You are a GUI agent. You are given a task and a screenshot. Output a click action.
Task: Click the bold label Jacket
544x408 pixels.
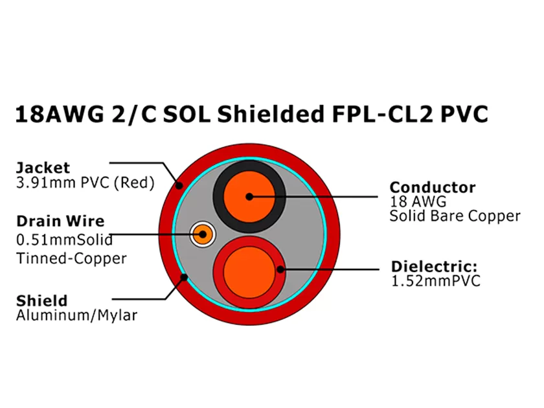pyautogui.click(x=43, y=167)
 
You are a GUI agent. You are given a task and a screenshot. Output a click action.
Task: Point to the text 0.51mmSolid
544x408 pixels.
pyautogui.click(x=64, y=240)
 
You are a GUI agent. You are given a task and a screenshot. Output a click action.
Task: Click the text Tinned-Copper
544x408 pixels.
pyautogui.click(x=71, y=258)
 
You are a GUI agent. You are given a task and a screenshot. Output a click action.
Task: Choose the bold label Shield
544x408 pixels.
pyautogui.click(x=41, y=300)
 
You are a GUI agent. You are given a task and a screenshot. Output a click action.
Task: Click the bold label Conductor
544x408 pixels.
pyautogui.click(x=433, y=187)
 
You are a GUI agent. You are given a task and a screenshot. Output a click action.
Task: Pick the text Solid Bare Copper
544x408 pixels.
pyautogui.click(x=455, y=216)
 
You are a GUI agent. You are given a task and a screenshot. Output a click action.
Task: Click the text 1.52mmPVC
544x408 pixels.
pyautogui.click(x=436, y=281)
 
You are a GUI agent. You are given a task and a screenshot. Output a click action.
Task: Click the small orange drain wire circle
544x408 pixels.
pyautogui.click(x=203, y=234)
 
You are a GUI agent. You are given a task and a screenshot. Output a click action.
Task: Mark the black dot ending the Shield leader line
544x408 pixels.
pyautogui.click(x=185, y=278)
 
